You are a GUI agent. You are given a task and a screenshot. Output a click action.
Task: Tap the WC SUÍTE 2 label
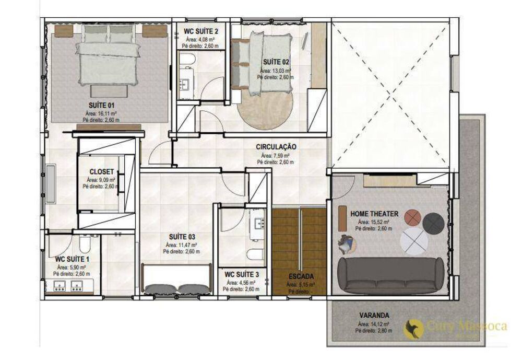[201, 31]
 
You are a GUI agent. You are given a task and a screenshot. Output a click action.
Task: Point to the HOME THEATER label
[374, 214]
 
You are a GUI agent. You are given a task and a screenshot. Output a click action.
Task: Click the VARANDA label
[373, 315]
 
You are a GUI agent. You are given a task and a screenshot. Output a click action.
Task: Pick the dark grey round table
[433, 223]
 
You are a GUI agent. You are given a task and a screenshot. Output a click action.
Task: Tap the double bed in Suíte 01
[108, 57]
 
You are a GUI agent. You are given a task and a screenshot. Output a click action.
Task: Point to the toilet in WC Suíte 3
[254, 256]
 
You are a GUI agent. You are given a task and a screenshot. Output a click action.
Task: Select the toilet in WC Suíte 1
[85, 244]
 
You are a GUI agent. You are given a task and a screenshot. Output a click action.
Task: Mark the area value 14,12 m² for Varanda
[373, 324]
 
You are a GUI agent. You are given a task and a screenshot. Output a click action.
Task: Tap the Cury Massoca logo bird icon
[415, 328]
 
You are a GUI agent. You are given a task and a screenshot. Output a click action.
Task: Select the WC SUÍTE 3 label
[241, 274]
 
